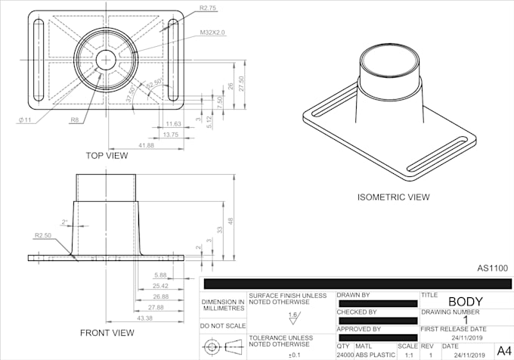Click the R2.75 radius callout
pyautogui.click(x=209, y=8)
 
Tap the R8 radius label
pyautogui.click(x=75, y=120)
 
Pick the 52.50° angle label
pyautogui.click(x=153, y=84)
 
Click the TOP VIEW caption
pyautogui.click(x=106, y=156)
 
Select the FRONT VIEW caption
pyautogui.click(x=107, y=333)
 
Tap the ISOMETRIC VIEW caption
pyautogui.click(x=393, y=197)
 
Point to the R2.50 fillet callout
pyautogui.click(x=44, y=236)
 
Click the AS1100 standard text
pyautogui.click(x=492, y=268)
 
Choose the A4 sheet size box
pyautogui.click(x=502, y=349)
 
